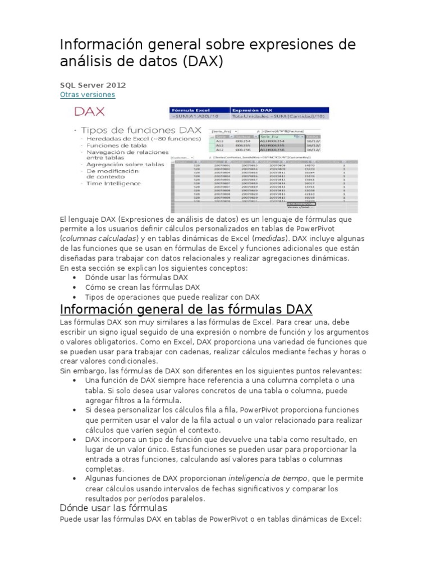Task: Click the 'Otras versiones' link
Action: click(x=87, y=95)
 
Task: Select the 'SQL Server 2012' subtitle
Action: click(x=93, y=85)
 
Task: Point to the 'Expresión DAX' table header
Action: click(x=258, y=111)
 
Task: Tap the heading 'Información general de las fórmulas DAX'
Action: click(x=186, y=309)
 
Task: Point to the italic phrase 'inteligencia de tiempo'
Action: click(x=268, y=478)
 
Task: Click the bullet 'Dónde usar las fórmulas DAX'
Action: click(x=136, y=278)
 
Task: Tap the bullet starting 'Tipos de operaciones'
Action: click(x=172, y=297)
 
